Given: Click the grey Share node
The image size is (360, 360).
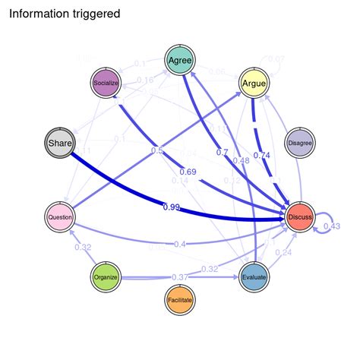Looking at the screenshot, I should [x=59, y=142].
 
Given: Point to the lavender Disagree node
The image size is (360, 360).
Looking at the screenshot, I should [x=301, y=142].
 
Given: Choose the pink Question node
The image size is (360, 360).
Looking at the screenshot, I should [x=59, y=216].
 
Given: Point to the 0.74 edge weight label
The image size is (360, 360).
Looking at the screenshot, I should [x=261, y=155].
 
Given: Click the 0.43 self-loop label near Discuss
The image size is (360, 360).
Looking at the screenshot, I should [x=332, y=226].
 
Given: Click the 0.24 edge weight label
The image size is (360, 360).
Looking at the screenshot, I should [x=283, y=252].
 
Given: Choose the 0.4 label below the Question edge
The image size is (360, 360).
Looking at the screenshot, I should [x=179, y=243].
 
